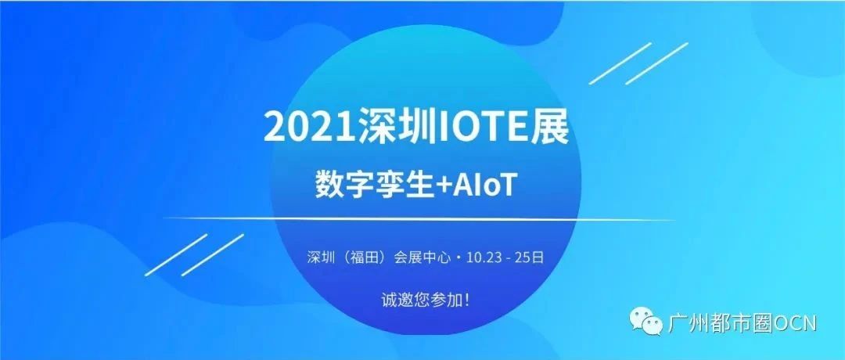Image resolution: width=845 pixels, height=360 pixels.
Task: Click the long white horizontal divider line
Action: (419, 219)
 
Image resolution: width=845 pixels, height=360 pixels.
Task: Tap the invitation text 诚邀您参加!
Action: (425, 301)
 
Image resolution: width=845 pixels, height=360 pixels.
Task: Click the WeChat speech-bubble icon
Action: (647, 321)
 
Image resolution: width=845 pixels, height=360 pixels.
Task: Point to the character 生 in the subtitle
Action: (406, 186)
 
